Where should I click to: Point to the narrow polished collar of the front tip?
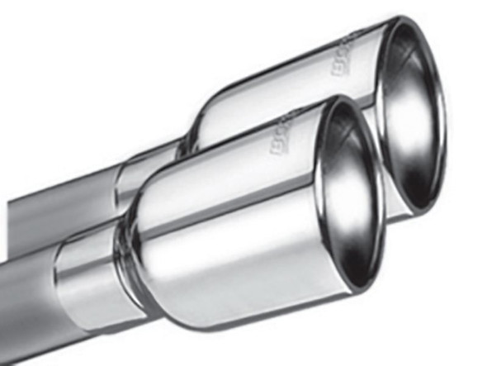[87, 281]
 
